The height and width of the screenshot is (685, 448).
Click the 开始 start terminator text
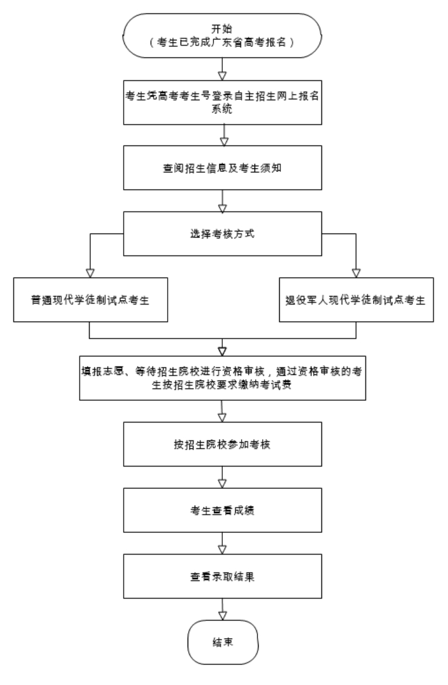click(222, 29)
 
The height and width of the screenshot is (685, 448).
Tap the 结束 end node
click(223, 642)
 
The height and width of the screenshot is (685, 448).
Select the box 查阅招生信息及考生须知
click(222, 168)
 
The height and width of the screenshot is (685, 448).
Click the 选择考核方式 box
click(222, 234)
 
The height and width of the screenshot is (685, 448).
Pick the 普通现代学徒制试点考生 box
click(90, 300)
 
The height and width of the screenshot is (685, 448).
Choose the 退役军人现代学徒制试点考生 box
click(357, 300)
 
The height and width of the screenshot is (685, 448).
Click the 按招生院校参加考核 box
click(222, 444)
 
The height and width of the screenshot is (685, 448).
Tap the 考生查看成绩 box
click(222, 510)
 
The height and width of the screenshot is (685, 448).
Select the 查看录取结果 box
click(222, 576)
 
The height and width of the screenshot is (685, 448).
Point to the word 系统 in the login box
click(222, 109)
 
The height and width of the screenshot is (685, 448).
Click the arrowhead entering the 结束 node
click(222, 616)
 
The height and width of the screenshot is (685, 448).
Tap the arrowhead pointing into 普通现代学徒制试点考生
click(90, 274)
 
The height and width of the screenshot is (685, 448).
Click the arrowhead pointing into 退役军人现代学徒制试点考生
click(356, 274)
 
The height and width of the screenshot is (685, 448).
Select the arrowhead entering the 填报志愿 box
click(222, 352)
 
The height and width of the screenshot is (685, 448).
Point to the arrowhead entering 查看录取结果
click(222, 550)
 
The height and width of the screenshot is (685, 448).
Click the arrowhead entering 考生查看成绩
click(222, 484)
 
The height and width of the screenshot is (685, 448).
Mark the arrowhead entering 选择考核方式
click(222, 208)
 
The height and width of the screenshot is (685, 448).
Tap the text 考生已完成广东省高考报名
click(222, 42)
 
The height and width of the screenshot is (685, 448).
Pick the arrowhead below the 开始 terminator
click(222, 76)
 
